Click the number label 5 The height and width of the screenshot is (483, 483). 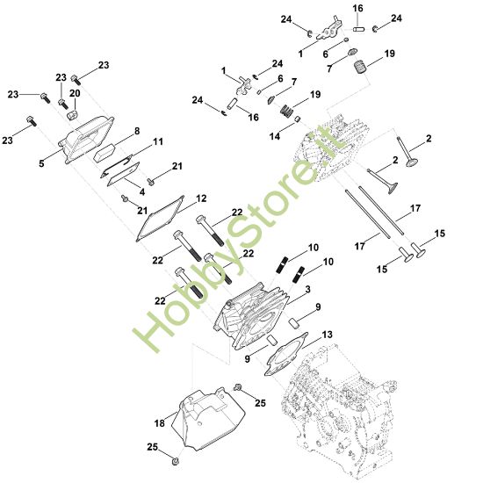[41, 163]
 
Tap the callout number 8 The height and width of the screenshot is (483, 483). [137, 131]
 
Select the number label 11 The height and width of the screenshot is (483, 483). [158, 141]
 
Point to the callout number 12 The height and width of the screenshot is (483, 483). [201, 198]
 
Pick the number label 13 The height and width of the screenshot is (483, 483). [328, 335]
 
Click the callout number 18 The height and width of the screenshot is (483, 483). [160, 423]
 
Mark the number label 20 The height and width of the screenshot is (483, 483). [75, 93]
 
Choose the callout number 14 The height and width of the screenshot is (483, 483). [275, 136]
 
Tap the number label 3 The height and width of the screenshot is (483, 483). [307, 289]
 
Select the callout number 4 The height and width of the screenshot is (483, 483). [142, 192]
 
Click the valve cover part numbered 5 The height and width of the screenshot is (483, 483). [87, 139]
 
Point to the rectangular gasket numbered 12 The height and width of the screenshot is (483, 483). [160, 219]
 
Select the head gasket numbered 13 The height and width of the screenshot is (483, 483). [286, 354]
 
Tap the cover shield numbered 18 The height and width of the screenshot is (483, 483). [208, 419]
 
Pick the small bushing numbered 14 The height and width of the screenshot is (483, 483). [298, 119]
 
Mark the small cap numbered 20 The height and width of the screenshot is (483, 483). [73, 116]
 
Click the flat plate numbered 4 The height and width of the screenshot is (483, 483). [123, 174]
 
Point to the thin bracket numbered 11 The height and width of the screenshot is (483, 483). [116, 166]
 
